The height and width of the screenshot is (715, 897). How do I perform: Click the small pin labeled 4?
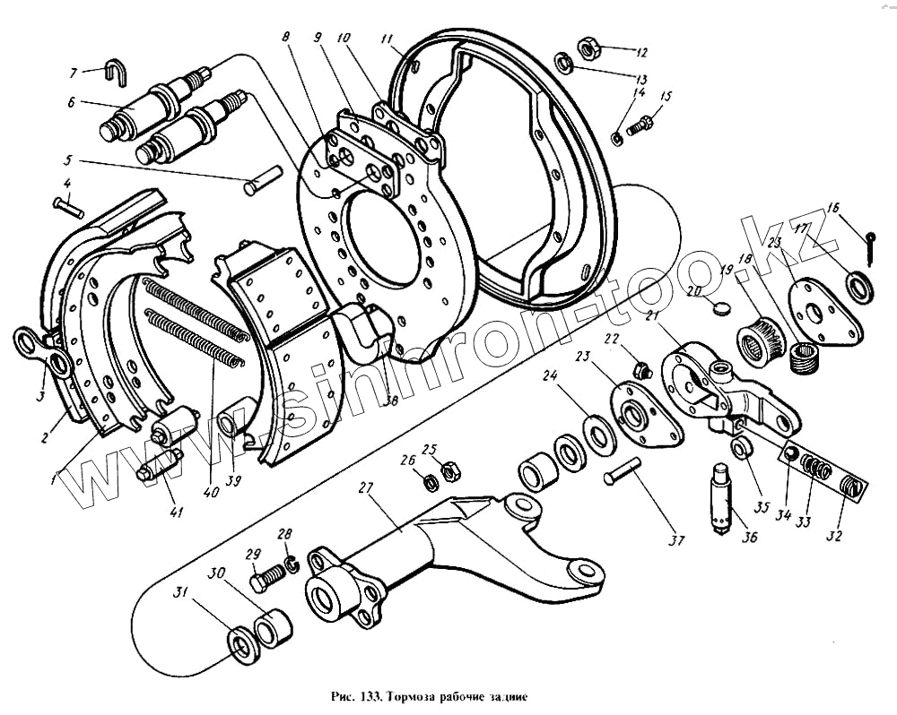(69, 206)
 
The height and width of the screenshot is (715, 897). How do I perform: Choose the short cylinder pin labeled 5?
(262, 182)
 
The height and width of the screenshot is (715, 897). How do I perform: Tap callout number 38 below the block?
(389, 402)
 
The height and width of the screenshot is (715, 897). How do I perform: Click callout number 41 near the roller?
(176, 513)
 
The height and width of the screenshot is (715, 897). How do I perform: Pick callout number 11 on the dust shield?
(386, 39)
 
